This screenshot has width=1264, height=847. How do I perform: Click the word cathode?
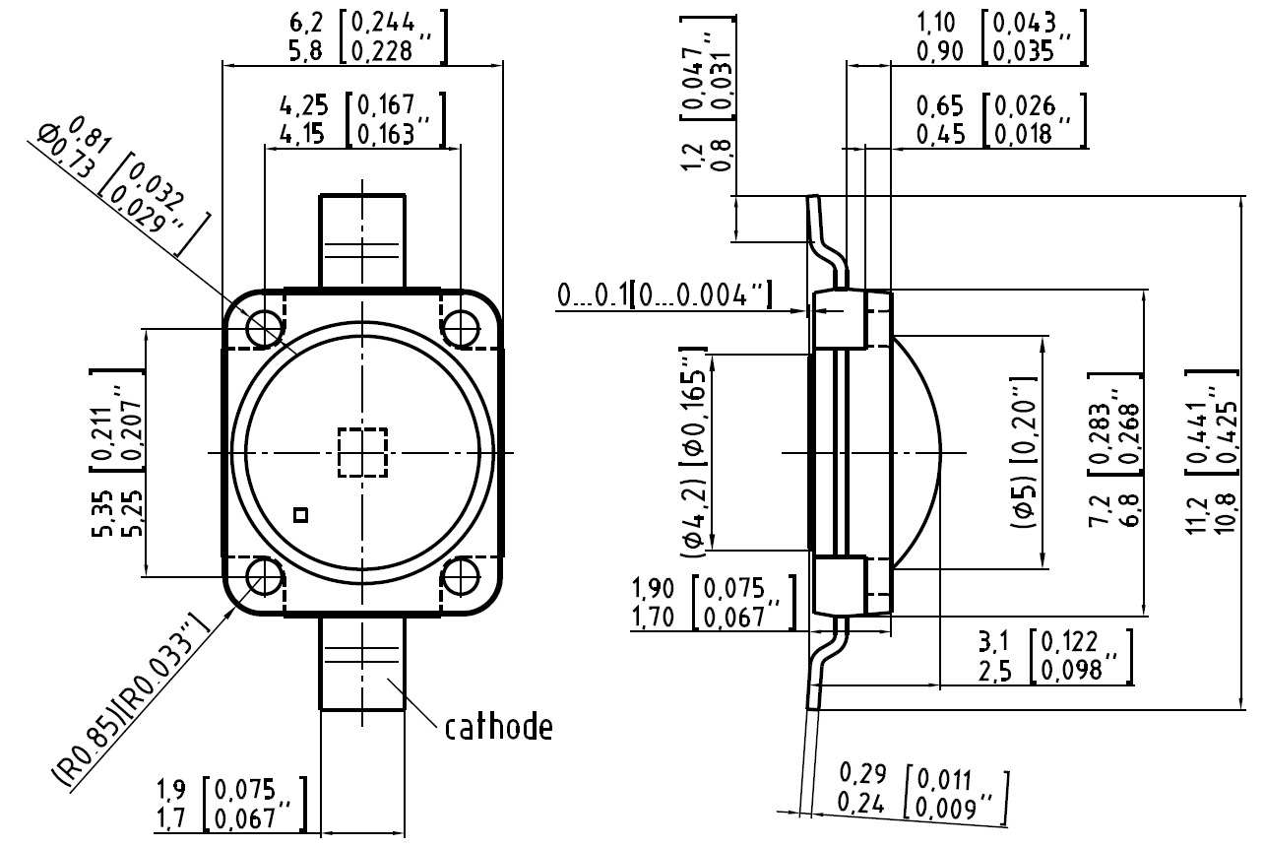[x=498, y=728]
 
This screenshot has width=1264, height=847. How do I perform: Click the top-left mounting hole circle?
[x=264, y=328]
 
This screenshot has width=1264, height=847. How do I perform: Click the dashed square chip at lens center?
[x=362, y=452]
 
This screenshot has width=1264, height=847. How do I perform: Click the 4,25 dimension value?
[x=301, y=104]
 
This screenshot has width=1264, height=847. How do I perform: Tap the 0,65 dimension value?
[x=937, y=104]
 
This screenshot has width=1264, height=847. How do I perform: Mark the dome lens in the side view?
[x=920, y=452]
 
